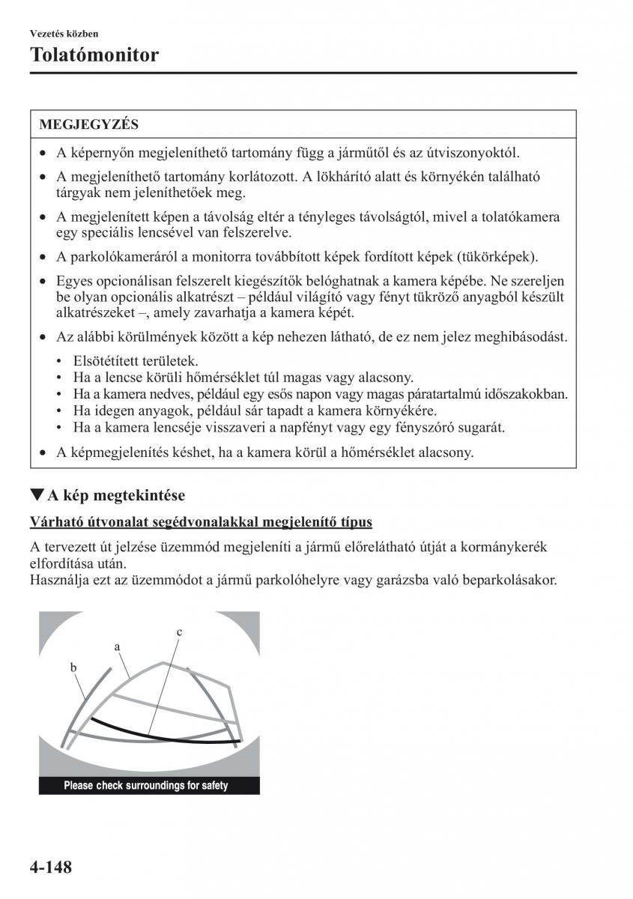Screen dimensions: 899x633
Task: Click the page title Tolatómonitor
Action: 94,55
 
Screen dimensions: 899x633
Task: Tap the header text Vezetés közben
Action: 64,34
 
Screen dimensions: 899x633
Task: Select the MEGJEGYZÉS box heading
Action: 88,124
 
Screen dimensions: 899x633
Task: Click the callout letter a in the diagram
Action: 118,645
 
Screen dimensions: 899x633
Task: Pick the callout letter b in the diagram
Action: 74,666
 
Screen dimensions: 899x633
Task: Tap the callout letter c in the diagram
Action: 180,632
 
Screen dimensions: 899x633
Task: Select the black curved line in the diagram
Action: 150,733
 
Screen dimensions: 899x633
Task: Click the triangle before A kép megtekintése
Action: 36,494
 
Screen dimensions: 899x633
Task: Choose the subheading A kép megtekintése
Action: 116,495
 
